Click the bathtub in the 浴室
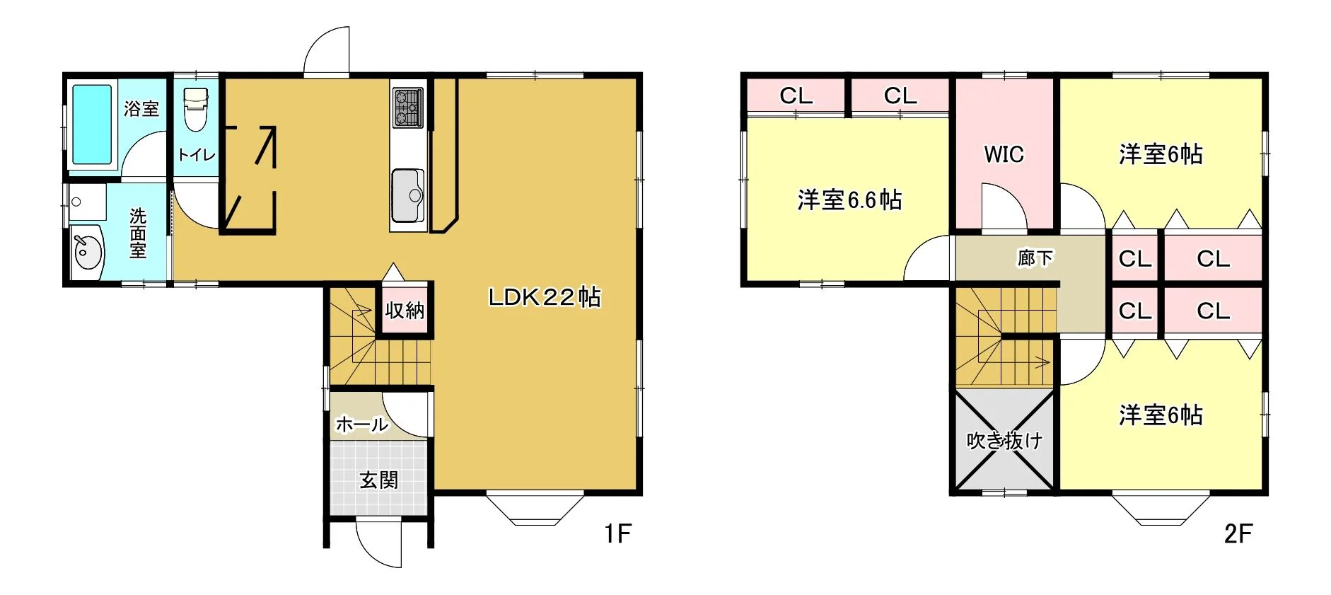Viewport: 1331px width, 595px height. pos(92,125)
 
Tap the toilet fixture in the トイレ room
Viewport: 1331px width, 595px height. pos(195,109)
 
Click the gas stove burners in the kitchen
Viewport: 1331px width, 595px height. pos(407,107)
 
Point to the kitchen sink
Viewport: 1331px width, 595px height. pos(407,195)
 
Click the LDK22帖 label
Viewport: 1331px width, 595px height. pos(545,297)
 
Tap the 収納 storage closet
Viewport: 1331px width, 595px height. pos(405,309)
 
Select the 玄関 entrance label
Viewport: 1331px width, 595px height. pos(379,480)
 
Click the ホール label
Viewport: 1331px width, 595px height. pos(362,424)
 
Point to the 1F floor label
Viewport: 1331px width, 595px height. pos(617,533)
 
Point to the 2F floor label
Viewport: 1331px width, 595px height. pos(1238,533)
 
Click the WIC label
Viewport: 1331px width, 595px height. pos(1004,154)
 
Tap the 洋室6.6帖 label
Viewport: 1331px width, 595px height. pos(849,200)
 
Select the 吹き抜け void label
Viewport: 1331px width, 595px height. pos(1004,441)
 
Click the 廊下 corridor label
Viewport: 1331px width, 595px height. pos(1035,258)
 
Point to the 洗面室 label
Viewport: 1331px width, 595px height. pos(138,233)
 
